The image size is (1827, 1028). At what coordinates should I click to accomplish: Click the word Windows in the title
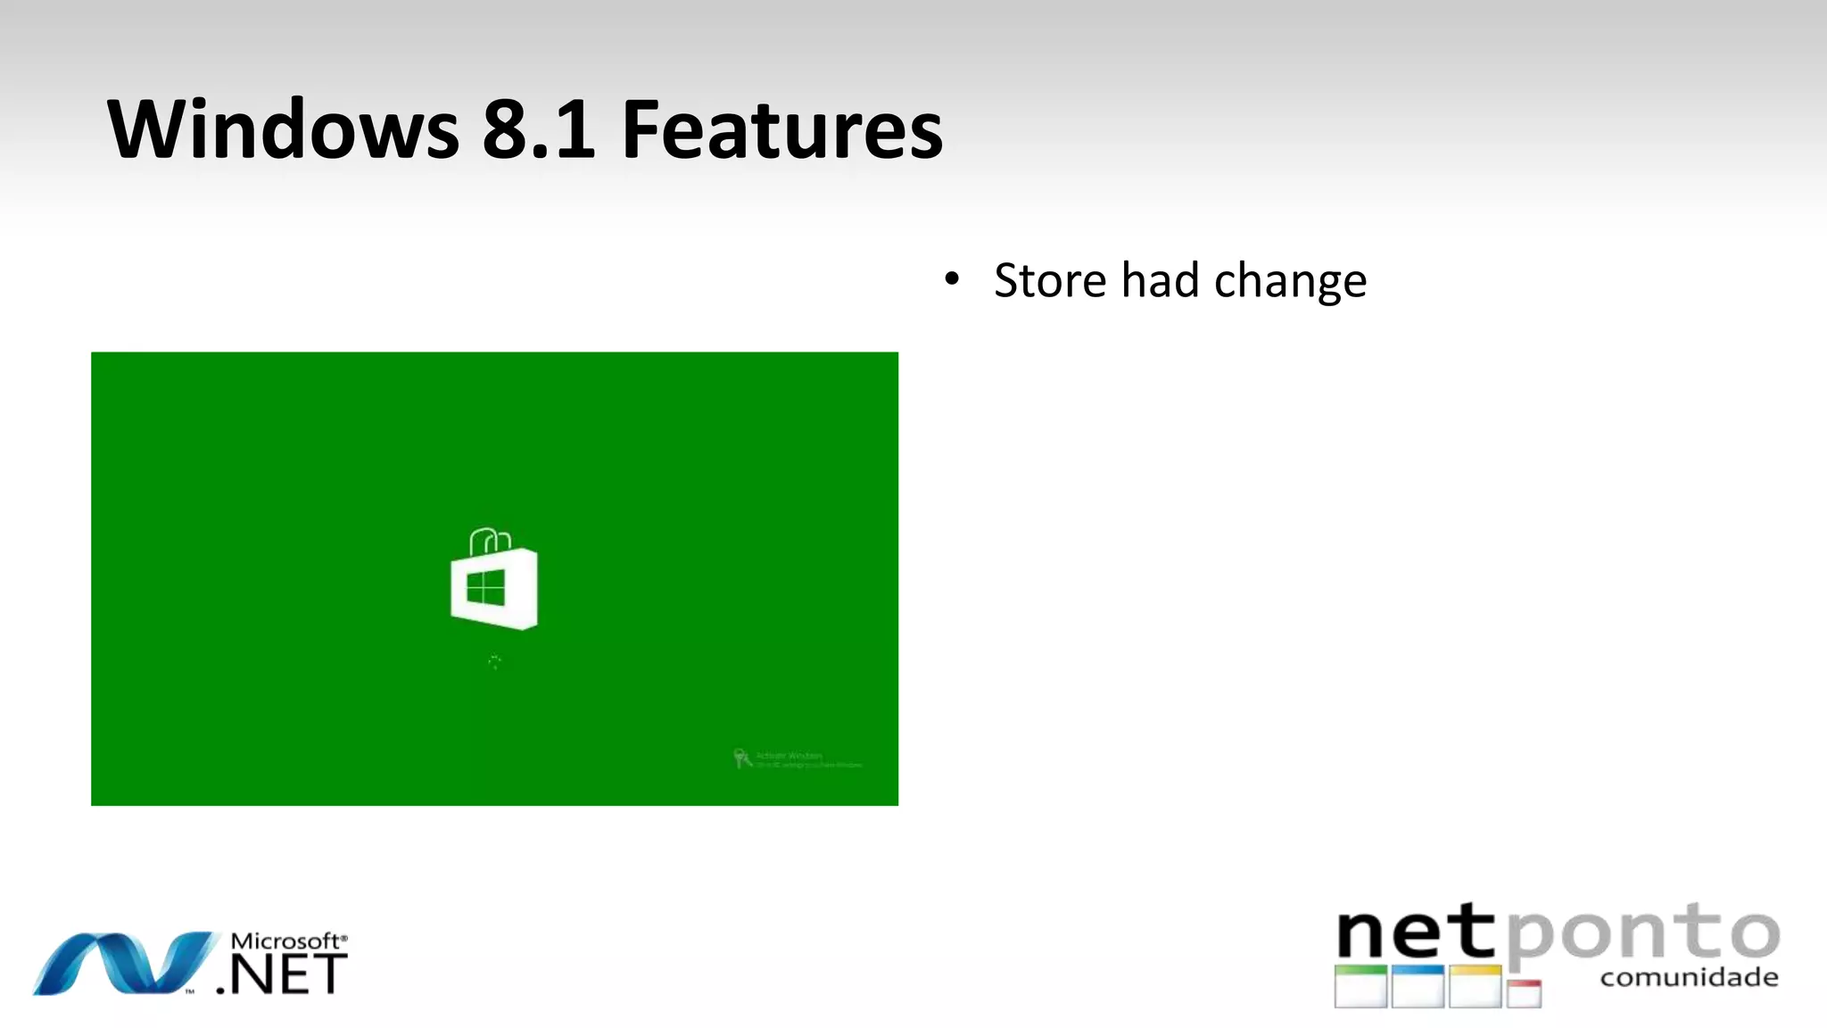click(283, 130)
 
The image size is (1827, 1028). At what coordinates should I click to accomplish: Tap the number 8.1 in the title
click(538, 130)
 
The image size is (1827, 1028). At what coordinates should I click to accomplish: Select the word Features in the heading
click(781, 130)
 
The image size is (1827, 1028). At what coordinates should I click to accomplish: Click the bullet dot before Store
click(952, 279)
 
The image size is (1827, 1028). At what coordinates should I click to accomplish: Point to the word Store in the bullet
click(1050, 281)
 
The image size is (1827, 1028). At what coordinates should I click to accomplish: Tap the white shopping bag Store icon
click(494, 586)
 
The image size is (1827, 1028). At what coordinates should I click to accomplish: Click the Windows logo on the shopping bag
click(486, 588)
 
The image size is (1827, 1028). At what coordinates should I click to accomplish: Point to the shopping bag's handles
click(490, 539)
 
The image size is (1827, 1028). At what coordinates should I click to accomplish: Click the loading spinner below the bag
click(494, 661)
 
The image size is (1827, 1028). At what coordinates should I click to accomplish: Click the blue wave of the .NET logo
click(125, 964)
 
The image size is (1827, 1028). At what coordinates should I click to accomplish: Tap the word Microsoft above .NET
click(285, 941)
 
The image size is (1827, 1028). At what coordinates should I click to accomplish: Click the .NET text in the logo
click(284, 974)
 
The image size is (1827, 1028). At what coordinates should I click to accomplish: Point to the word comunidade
click(1689, 977)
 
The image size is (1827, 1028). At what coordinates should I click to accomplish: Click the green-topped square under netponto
click(1360, 986)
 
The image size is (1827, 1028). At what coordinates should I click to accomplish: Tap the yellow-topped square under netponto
click(1476, 986)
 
